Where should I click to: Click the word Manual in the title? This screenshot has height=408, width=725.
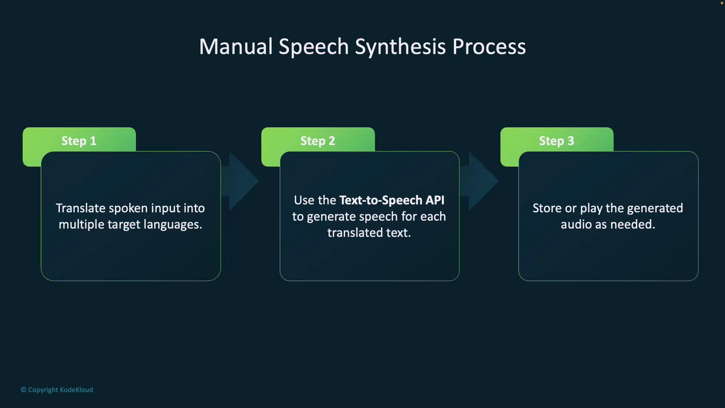pos(236,46)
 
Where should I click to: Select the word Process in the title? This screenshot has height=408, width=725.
pos(489,46)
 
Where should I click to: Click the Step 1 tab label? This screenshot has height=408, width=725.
pos(79,141)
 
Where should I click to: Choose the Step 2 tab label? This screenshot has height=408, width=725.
pos(318,141)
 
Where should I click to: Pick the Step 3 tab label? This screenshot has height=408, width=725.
pos(556,141)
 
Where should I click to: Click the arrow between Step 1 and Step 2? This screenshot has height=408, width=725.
pos(242,181)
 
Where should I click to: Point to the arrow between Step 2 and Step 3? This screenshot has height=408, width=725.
pos(481,181)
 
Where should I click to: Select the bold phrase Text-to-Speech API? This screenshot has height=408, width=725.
pos(392,200)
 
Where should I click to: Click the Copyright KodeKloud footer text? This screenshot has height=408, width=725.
pos(57,390)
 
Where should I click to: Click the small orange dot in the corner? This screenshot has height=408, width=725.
pos(722,3)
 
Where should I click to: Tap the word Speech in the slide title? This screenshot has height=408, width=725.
pos(313,47)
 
